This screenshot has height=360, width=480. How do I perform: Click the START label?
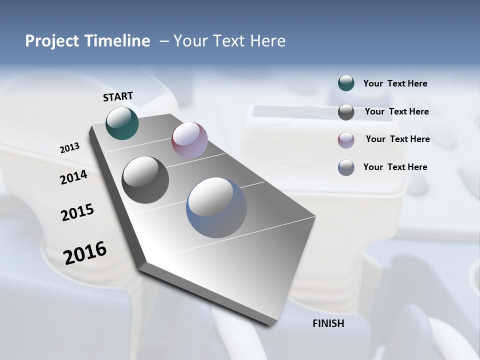(x=118, y=96)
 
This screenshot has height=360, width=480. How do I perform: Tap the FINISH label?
(x=328, y=323)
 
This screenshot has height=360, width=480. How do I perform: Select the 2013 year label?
(x=69, y=148)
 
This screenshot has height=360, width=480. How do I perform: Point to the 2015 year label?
(x=77, y=212)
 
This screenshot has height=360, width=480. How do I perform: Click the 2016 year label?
(x=85, y=252)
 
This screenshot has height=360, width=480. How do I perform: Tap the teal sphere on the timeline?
(x=122, y=123)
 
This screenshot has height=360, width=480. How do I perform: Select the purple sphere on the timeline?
(x=189, y=140)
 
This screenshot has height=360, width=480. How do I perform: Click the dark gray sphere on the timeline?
(x=145, y=180)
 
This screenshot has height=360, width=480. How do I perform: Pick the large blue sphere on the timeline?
(x=216, y=207)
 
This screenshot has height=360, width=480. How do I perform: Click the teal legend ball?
(x=346, y=83)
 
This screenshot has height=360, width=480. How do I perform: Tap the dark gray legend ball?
(x=346, y=112)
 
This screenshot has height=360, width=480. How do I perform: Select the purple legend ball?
(x=346, y=140)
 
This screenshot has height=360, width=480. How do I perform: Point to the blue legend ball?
(x=346, y=167)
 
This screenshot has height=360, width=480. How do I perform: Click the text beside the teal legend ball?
(x=395, y=83)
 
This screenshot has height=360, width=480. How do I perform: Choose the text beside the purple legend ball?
(x=397, y=139)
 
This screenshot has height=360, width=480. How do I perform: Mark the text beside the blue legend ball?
(x=395, y=167)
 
